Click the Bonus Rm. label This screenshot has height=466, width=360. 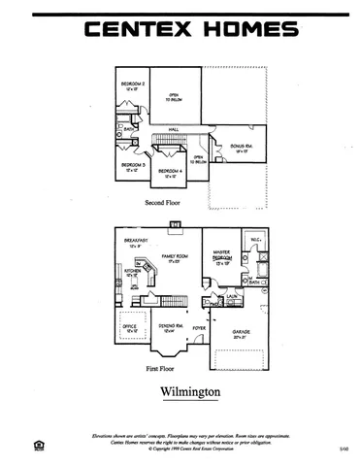pos(242,147)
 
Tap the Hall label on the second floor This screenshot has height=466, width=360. pos(175,128)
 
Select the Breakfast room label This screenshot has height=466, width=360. pos(133,242)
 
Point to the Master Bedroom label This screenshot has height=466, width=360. pos(222,259)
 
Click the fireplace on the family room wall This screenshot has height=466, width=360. pos(172,229)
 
